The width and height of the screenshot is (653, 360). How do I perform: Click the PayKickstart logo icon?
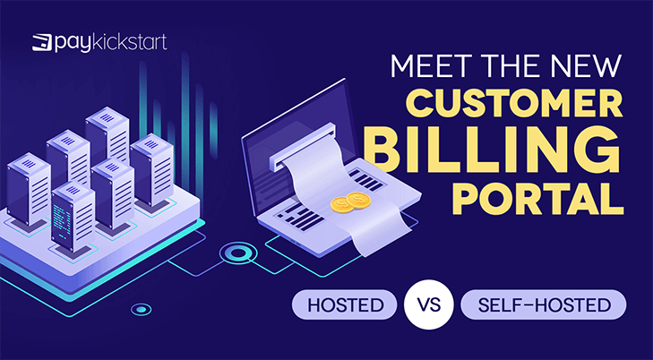[x=42, y=43]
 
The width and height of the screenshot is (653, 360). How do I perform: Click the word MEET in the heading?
[x=427, y=66]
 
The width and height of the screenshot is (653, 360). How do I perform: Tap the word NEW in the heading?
[x=586, y=66]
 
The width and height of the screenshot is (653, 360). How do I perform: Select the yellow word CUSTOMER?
[x=514, y=103]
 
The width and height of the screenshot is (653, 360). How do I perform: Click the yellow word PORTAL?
[x=537, y=200]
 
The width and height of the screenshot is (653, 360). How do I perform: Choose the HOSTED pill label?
[x=344, y=305]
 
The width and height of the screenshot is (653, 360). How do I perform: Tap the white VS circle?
[x=428, y=305]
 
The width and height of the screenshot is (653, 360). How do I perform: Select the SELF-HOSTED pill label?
[x=544, y=305]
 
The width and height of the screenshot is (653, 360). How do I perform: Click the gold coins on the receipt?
[x=350, y=201]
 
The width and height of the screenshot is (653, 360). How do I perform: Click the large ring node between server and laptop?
[x=238, y=253]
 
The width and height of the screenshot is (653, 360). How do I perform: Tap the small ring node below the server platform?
[x=142, y=309]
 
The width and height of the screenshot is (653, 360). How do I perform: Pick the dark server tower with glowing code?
[x=73, y=217]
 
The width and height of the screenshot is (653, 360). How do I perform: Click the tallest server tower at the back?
[x=107, y=135]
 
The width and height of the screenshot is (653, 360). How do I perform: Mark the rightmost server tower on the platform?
[x=151, y=169]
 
